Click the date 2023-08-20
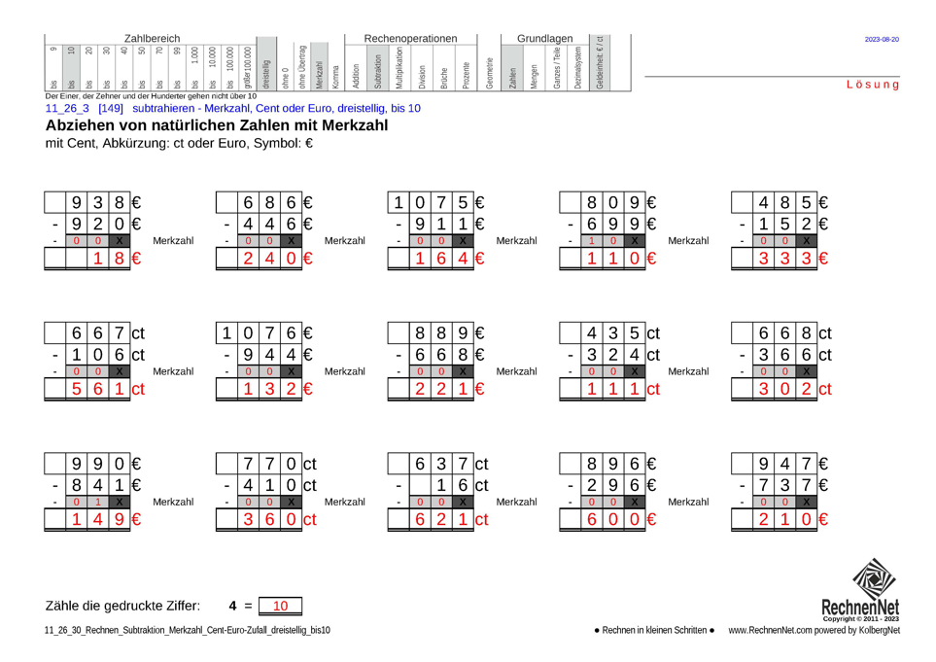(882, 39)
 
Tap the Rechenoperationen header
(410, 37)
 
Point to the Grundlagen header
(544, 37)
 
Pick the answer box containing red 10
(281, 606)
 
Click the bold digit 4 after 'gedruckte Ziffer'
(233, 606)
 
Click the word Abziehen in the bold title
(81, 125)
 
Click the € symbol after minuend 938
(137, 203)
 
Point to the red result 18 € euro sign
(137, 259)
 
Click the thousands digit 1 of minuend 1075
(398, 203)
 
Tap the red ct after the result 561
(139, 390)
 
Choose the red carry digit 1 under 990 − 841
(98, 502)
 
